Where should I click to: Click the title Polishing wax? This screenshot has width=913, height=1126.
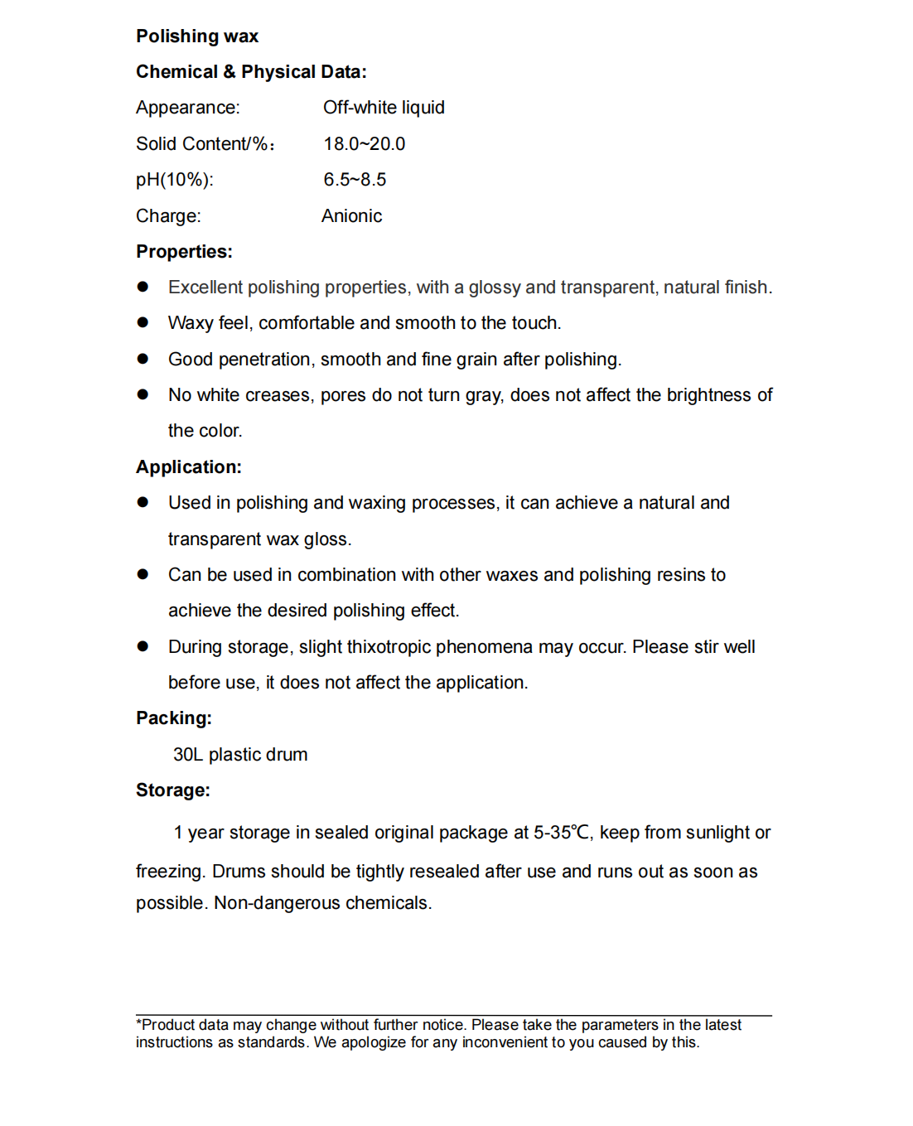tap(197, 36)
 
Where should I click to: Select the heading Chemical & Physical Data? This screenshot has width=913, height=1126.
tap(251, 72)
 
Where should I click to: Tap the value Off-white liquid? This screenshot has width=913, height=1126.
tap(384, 108)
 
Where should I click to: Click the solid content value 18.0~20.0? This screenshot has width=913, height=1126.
tap(364, 144)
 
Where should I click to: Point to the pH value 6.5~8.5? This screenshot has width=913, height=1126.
tap(355, 180)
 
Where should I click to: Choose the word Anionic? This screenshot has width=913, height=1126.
tap(351, 216)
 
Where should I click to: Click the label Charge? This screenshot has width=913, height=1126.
tap(168, 216)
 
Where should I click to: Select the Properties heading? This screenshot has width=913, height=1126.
tap(184, 252)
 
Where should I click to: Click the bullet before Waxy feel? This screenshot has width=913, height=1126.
tap(143, 322)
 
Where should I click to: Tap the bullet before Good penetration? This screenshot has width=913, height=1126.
tap(143, 359)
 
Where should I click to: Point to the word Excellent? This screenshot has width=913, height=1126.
tap(205, 288)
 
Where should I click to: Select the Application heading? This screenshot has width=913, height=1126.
tap(189, 467)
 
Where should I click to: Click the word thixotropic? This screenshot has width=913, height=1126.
tap(387, 647)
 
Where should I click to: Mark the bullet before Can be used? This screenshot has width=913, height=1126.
tap(143, 574)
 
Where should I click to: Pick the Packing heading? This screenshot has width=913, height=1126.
tap(174, 718)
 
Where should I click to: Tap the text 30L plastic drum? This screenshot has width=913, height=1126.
tap(240, 755)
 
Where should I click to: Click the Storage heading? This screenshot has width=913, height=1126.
tap(173, 790)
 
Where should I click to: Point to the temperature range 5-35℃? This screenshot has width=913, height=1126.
tap(563, 833)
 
